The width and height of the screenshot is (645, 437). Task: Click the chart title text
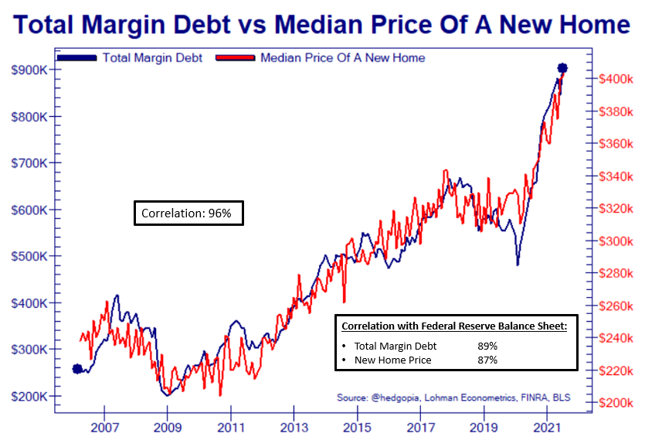322,25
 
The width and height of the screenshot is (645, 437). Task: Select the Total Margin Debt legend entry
151,58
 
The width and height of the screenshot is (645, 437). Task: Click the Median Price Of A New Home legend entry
342,58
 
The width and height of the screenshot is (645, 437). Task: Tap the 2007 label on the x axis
104,427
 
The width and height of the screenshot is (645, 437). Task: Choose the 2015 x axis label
357,427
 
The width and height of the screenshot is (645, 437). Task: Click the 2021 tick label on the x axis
546,427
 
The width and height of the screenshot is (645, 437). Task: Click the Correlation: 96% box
188,213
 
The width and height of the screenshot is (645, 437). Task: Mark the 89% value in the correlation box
487,347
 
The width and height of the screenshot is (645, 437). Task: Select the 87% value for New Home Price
487,360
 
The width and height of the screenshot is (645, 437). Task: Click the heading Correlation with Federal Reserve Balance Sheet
454,326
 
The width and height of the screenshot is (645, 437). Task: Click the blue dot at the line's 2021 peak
562,68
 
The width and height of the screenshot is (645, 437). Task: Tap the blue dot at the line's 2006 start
76,369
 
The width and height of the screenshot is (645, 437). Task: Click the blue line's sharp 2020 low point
518,265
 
